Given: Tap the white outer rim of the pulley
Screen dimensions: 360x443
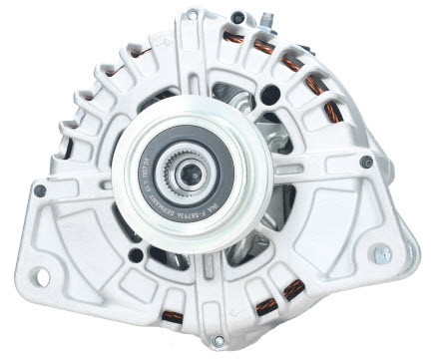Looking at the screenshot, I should (x=131, y=180).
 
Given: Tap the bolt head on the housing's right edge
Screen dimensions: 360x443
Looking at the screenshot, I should (x=367, y=162).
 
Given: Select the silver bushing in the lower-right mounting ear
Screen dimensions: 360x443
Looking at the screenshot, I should (x=381, y=254).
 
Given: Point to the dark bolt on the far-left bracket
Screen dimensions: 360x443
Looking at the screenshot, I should (x=40, y=189).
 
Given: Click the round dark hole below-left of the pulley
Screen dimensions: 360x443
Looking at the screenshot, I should (x=135, y=255).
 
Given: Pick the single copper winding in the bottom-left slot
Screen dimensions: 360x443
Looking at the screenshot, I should (x=172, y=316).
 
